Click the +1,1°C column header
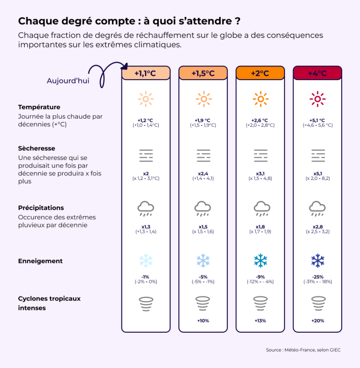pyautogui.click(x=146, y=74)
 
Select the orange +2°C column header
pyautogui.click(x=260, y=74)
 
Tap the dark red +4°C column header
pyautogui.click(x=317, y=74)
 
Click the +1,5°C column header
pyautogui.click(x=203, y=74)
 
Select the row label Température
pyautogui.click(x=39, y=107)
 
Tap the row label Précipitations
pyautogui.click(x=41, y=208)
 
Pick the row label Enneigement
pyautogui.click(x=40, y=261)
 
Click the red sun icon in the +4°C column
pyautogui.click(x=317, y=99)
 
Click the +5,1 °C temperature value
pyautogui.click(x=317, y=120)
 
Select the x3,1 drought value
pyautogui.click(x=260, y=173)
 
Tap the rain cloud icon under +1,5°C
pyautogui.click(x=203, y=208)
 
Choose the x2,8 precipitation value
pyautogui.click(x=317, y=226)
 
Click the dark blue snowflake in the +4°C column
pyautogui.click(x=317, y=261)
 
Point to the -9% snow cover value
pyautogui.click(x=260, y=277)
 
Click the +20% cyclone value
pyautogui.click(x=317, y=320)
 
